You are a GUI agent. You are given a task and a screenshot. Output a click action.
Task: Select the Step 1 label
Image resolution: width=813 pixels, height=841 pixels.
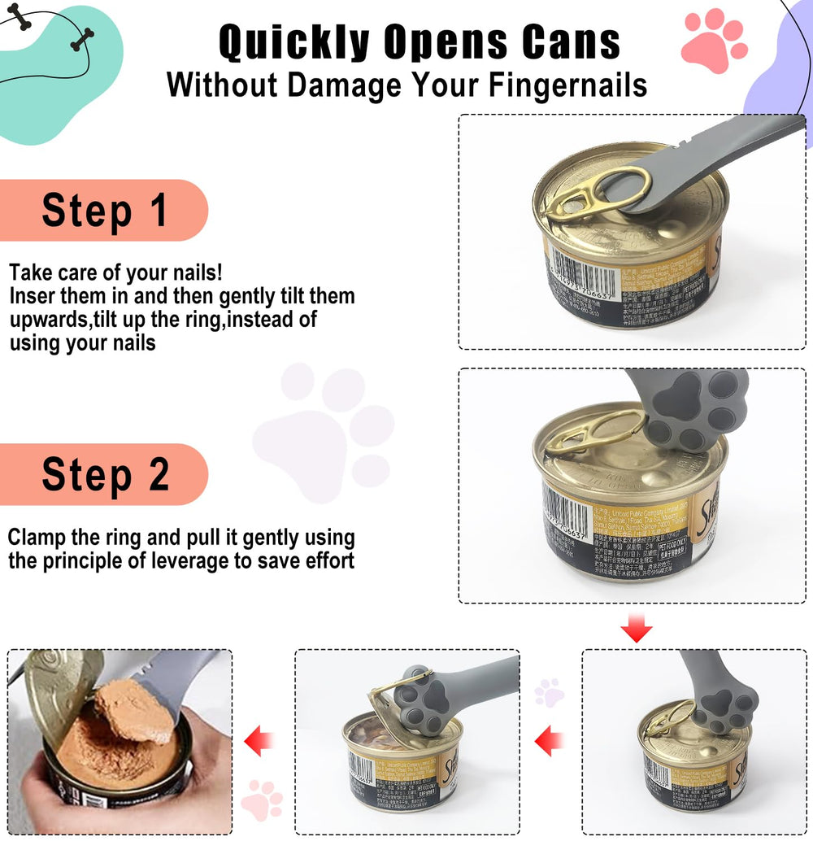click(104, 210)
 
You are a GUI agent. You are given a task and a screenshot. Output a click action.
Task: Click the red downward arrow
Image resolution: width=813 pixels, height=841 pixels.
click(636, 629)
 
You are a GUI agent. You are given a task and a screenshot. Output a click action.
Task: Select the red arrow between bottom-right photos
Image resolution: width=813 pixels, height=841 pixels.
click(550, 741)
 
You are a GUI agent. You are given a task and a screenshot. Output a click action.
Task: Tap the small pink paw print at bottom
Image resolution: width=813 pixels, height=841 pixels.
click(262, 800)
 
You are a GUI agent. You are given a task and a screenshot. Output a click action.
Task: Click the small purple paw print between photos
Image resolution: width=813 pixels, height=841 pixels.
click(549, 692)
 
